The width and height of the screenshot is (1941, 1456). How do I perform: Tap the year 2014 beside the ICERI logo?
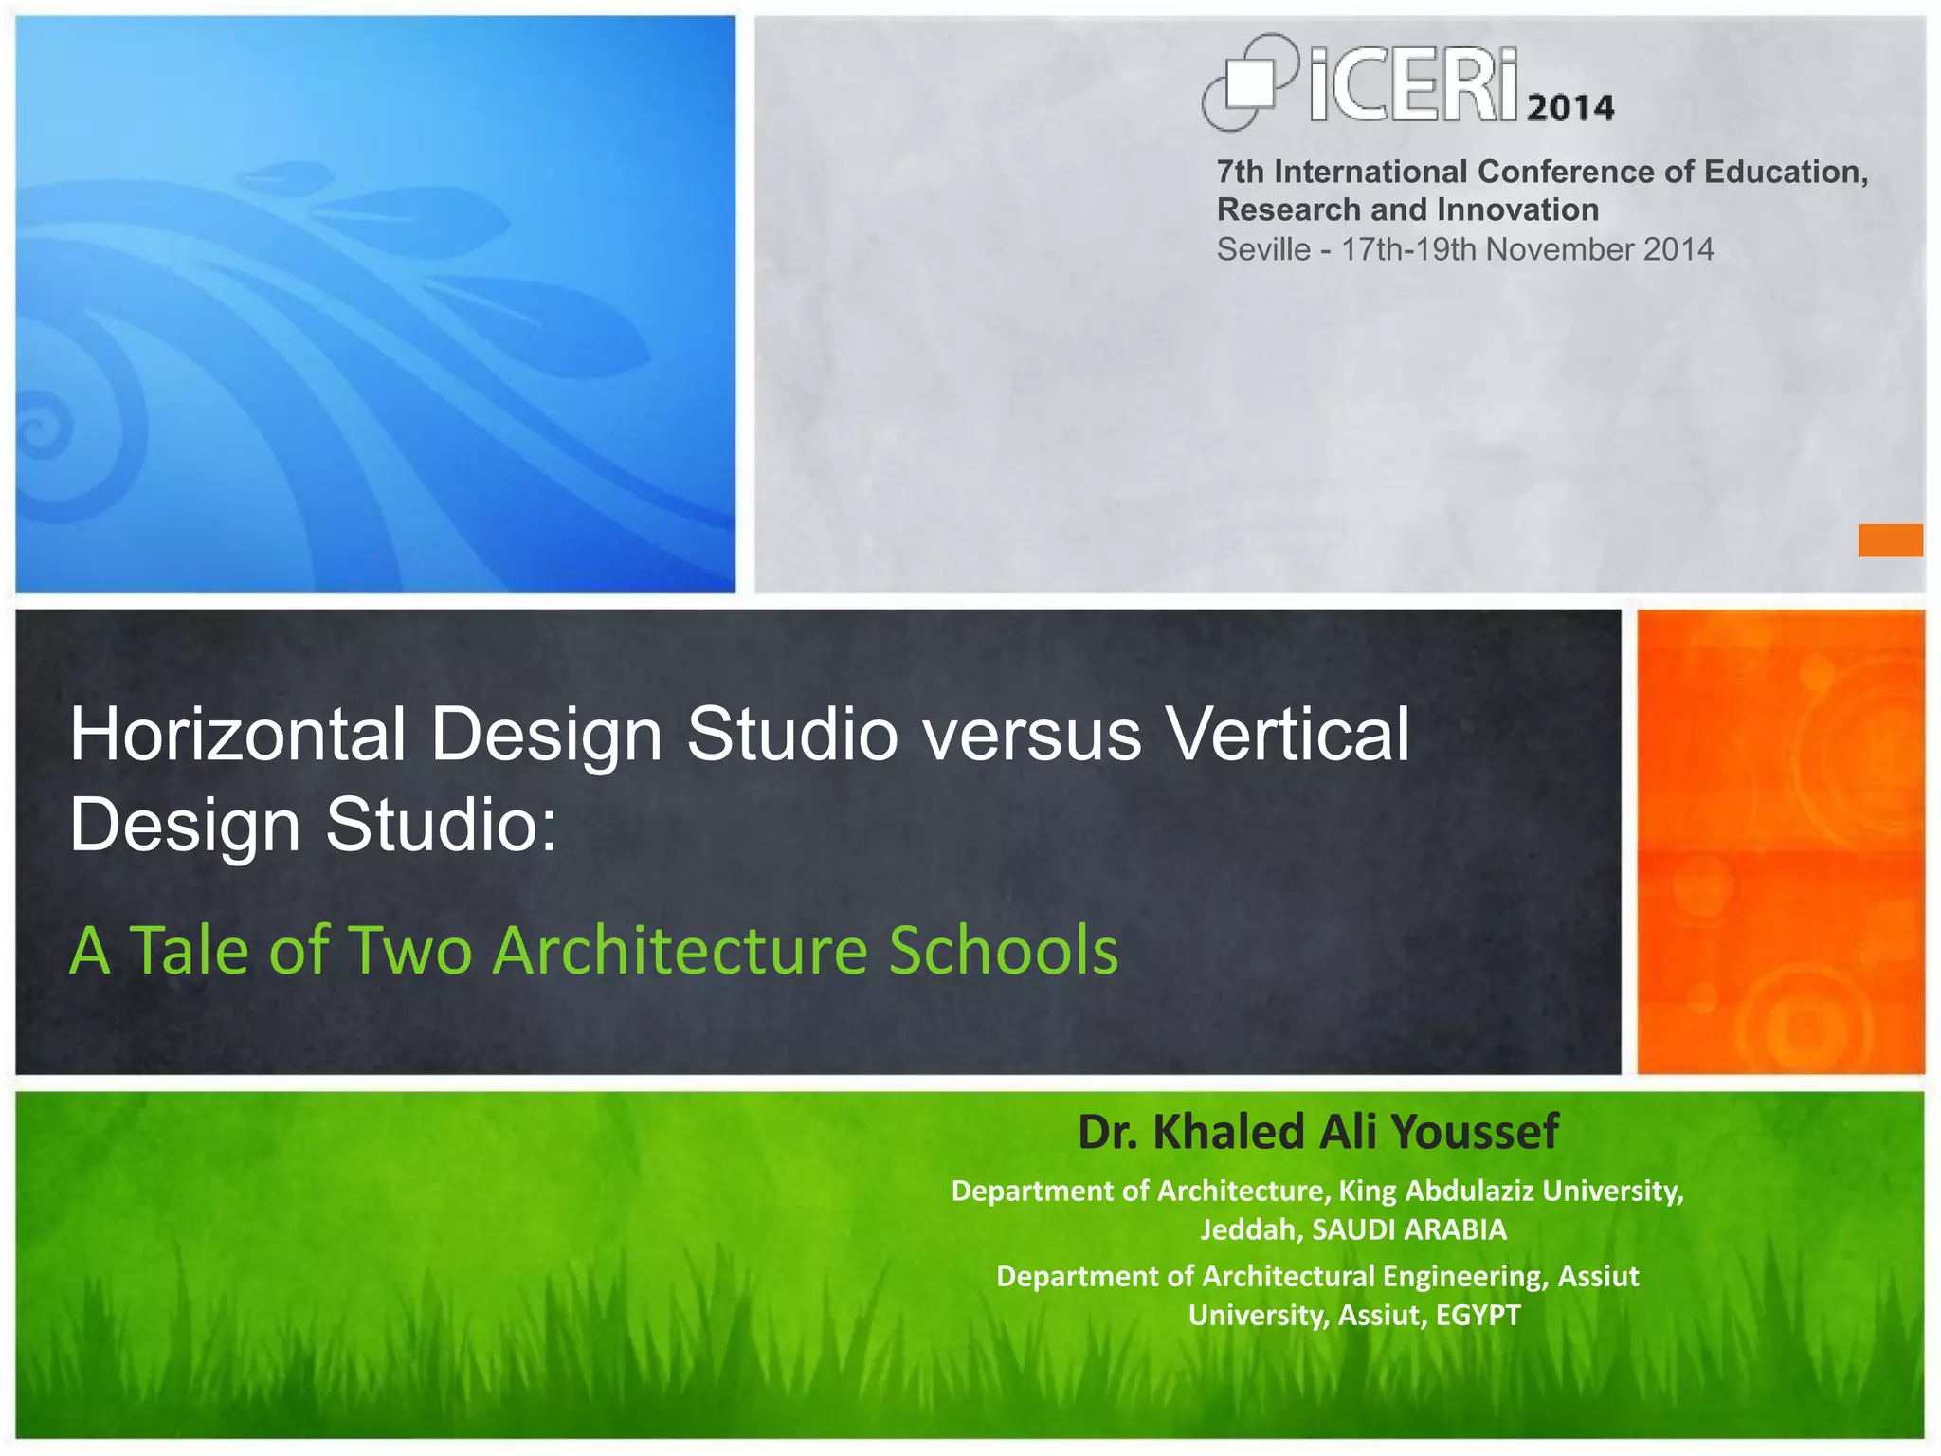(x=1570, y=107)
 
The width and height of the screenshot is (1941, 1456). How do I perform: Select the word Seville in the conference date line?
(x=1262, y=249)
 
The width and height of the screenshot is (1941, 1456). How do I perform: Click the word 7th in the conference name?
(x=1240, y=172)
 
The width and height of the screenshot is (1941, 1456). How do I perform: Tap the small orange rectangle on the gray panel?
(x=1890, y=540)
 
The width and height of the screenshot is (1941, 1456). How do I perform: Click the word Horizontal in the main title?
(x=238, y=735)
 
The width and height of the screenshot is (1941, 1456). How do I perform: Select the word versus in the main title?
(x=1033, y=735)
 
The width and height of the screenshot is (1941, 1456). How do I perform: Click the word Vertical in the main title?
(x=1288, y=735)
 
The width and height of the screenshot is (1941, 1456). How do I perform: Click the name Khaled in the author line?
(x=1228, y=1132)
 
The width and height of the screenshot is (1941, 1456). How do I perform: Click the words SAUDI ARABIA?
(x=1409, y=1230)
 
